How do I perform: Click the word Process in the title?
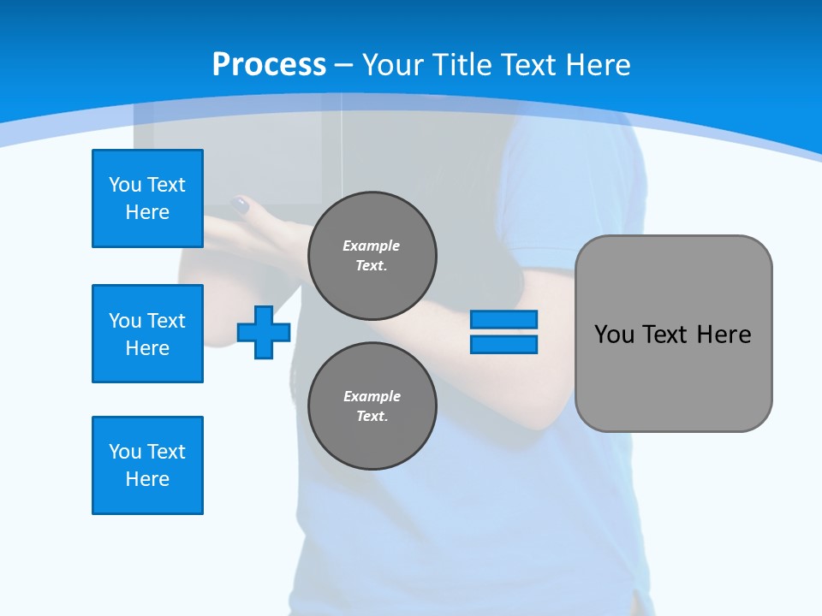point(269,65)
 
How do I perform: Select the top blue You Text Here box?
point(147,198)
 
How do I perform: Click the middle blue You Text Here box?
point(147,334)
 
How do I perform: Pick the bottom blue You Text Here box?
point(147,465)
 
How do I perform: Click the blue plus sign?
point(264,332)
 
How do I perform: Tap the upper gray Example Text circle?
point(372,255)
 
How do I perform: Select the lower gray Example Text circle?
point(372,406)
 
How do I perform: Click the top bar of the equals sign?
point(503,320)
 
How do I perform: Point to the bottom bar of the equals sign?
point(503,344)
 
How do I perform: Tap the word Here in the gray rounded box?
point(724,335)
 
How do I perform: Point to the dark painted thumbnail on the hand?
point(241,205)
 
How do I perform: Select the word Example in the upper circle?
point(372,246)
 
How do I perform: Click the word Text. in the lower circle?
point(372,417)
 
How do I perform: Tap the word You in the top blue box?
point(124,185)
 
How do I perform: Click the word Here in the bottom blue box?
point(147,479)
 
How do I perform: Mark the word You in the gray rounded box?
point(614,335)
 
